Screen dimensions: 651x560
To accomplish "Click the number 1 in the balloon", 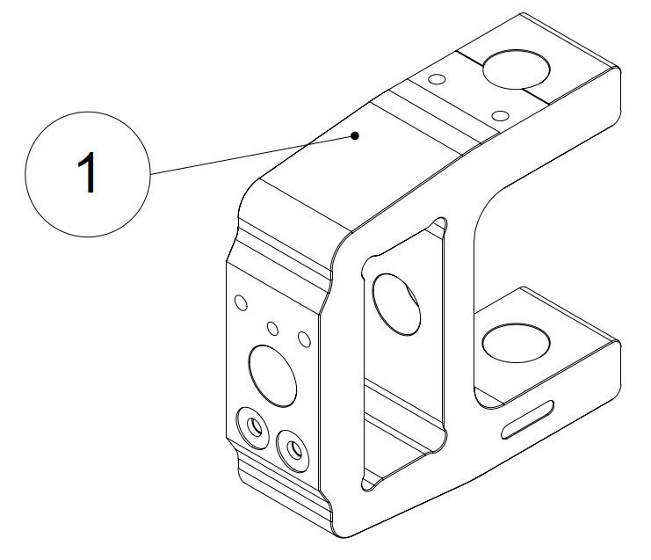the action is coord(88,172).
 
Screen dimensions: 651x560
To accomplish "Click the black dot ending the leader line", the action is coord(355,135).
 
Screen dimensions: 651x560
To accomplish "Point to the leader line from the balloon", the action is coord(252,155).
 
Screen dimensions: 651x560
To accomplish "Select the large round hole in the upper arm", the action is coord(516,69).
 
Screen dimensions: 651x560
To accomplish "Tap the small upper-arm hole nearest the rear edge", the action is coord(437,79).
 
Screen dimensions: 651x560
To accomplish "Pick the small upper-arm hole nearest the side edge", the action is coord(500,115).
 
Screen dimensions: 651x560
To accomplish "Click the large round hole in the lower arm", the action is coord(516,343).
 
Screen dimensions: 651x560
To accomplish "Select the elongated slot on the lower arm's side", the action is coord(527,419).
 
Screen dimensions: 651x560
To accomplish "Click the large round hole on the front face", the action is coord(272,376).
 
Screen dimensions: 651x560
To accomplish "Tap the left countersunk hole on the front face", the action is coord(252,428).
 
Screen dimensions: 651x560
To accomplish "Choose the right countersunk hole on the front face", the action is coord(293,451).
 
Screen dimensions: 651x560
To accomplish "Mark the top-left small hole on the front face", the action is coord(241,302).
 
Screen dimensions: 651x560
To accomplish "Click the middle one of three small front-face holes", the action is coord(272,328).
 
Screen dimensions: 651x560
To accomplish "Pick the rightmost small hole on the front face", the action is coord(304,339).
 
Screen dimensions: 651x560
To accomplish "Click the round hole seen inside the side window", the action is coord(396,304).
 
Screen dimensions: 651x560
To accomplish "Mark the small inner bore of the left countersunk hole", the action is coord(254,426).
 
